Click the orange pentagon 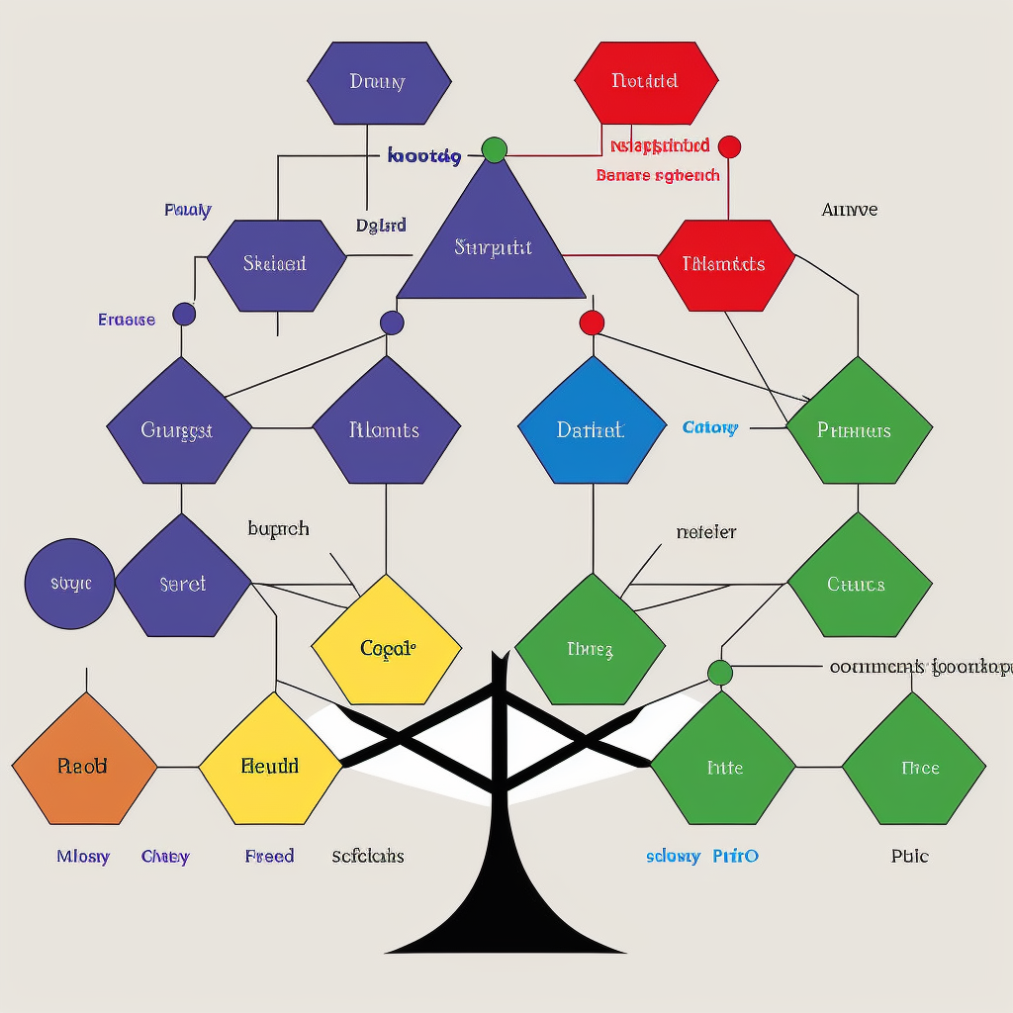(84, 761)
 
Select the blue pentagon (592, 425)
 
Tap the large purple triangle (492, 237)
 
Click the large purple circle (69, 584)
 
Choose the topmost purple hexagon (379, 83)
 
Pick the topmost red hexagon (646, 83)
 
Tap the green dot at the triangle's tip (495, 150)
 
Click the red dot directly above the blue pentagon (592, 322)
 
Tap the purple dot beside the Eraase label (184, 315)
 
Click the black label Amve (850, 210)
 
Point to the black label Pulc (909, 856)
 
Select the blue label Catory (709, 427)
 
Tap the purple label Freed (269, 856)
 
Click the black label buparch (278, 529)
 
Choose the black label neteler (706, 532)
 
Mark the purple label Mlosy (83, 856)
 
